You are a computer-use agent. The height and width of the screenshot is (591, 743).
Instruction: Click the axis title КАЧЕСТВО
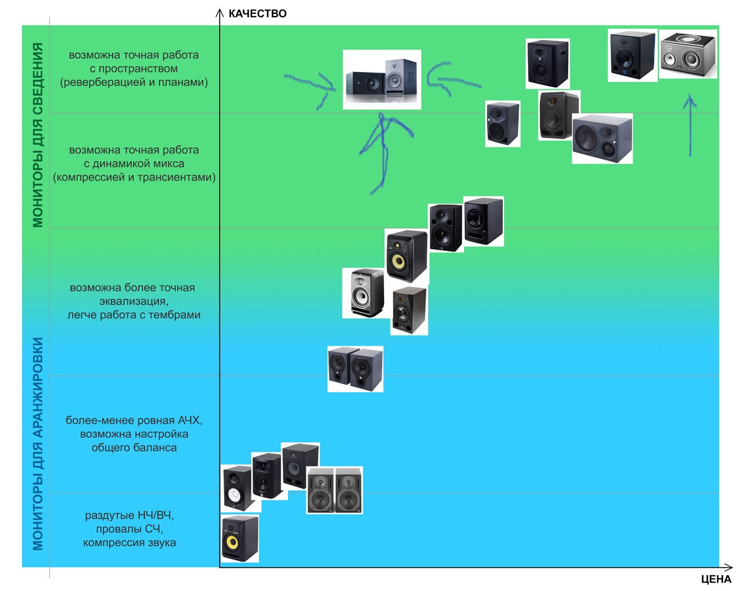(x=257, y=14)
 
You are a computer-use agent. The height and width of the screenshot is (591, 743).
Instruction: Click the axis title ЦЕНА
(x=716, y=579)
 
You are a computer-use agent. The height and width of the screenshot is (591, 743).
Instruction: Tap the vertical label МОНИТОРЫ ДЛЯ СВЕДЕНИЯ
(x=38, y=135)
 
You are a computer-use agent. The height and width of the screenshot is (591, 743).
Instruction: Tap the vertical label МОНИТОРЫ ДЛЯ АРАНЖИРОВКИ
(x=38, y=444)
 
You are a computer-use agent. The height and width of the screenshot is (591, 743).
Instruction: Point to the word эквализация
(x=133, y=301)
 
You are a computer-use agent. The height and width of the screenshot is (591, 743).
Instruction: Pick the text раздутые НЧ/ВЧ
(x=129, y=515)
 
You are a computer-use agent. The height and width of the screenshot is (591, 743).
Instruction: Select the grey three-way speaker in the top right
(x=688, y=54)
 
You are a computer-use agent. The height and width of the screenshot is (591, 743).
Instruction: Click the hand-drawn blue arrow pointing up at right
(x=690, y=126)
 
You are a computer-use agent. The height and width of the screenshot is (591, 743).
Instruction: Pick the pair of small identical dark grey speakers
(x=355, y=369)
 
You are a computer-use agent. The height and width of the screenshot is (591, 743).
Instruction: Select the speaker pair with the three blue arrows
(x=382, y=79)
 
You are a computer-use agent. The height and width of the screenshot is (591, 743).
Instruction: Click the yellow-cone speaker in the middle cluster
(x=406, y=256)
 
